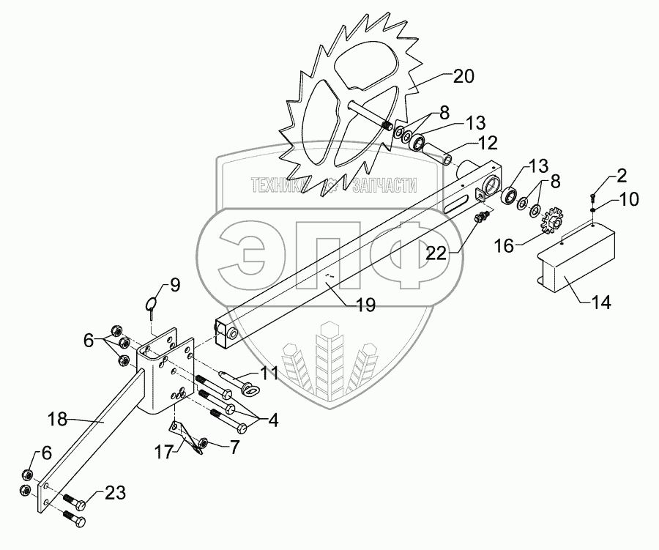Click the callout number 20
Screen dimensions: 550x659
pos(463,77)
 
